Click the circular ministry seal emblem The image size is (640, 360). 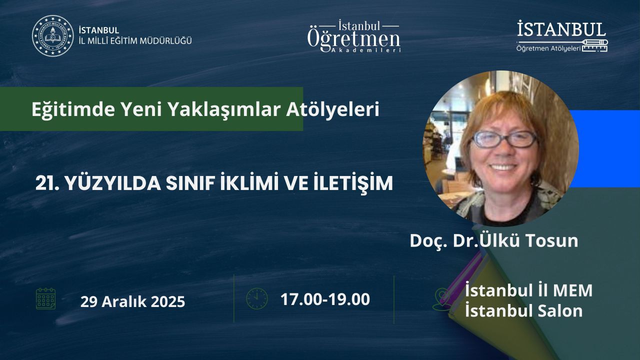click(x=53, y=36)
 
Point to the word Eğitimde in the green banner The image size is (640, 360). click(x=73, y=109)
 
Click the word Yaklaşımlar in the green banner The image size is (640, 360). click(x=224, y=109)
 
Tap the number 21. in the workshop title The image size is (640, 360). click(x=47, y=183)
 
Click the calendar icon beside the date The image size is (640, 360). click(x=45, y=299)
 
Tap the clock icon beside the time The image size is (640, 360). click(x=257, y=299)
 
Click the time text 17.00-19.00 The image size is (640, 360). click(x=325, y=299)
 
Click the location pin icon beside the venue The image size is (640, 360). click(x=441, y=299)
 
